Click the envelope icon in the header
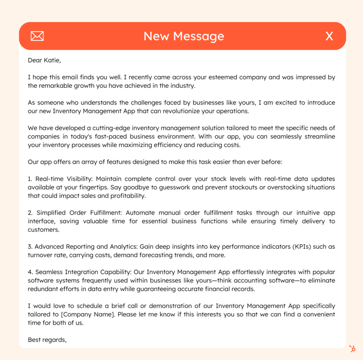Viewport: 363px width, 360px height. coord(37,36)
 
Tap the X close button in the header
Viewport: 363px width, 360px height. coord(329,36)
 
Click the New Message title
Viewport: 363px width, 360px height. coord(184,36)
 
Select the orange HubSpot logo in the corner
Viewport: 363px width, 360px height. coord(352,349)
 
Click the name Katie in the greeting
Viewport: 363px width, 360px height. coord(52,60)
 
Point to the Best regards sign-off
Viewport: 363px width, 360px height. coord(47,339)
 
